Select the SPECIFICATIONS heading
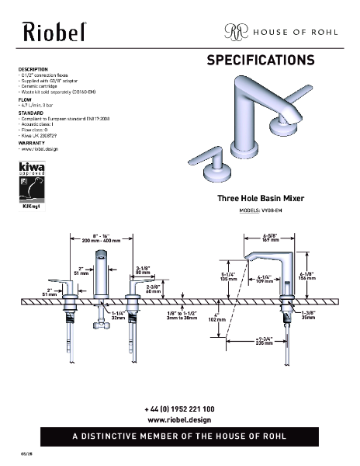(260, 61)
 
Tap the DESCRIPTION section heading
(33, 69)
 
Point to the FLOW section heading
(25, 99)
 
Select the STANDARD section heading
(31, 113)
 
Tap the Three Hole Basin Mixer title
(260, 200)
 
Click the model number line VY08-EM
(260, 211)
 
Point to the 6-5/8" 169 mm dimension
(271, 238)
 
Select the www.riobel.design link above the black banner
(179, 419)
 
